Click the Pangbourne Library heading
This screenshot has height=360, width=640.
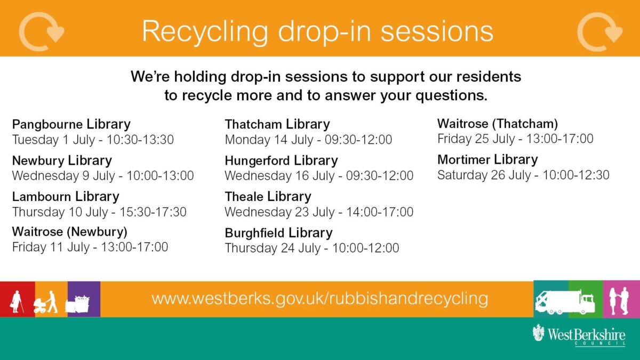coord(71,124)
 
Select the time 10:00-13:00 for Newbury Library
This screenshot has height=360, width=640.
coord(161,175)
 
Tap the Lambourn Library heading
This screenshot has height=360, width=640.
coord(66,197)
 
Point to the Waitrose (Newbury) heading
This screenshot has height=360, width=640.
coord(70,231)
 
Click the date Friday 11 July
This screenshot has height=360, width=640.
coord(51,247)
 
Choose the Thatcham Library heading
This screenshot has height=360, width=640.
coord(277,124)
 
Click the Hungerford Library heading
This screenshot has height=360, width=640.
coord(281,161)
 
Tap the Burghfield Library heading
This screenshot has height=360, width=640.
coord(278,233)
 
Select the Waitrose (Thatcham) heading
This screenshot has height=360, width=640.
coord(498,124)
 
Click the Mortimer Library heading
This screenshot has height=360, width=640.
coord(487,159)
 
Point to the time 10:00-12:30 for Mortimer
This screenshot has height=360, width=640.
coord(576,175)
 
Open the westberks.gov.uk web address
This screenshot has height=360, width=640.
coord(319,299)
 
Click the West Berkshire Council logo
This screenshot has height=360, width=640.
coord(579,335)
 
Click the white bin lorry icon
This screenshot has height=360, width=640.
coord(565,302)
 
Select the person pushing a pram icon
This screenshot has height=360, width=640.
coord(46,302)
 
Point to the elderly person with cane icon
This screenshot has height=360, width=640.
coord(17,302)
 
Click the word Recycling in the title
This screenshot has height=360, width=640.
coord(205,32)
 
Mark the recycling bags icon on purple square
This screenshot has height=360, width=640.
coord(77,305)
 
